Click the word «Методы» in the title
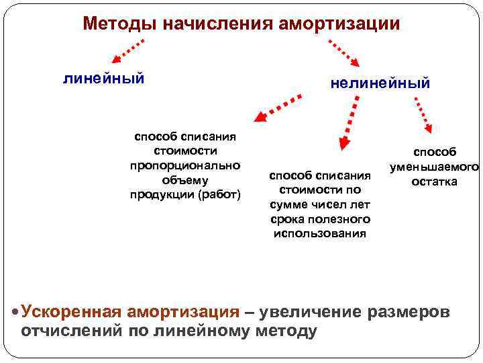pos(113,24)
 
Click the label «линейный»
pos(103,79)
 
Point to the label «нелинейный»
pos(380,83)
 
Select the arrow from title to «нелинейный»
pos(345,51)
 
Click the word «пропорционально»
pos(185,165)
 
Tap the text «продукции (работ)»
pos(185,195)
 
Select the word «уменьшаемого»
pos(434,167)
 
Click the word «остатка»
pos(435,182)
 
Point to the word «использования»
pos(321,233)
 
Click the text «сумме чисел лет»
pos(321,204)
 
